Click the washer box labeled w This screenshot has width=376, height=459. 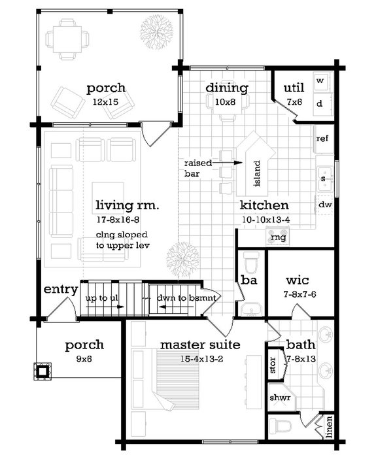tap(320, 81)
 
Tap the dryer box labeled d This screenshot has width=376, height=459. tap(320, 103)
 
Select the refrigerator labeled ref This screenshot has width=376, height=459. tap(322, 139)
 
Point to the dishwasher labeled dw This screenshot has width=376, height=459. tap(324, 205)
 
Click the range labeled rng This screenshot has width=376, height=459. tap(280, 238)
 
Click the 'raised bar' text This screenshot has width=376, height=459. tap(197, 169)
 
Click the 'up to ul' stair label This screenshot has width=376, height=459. tap(101, 298)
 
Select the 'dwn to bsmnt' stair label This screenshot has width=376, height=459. tap(186, 298)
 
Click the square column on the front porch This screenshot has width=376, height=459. tap(43, 371)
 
